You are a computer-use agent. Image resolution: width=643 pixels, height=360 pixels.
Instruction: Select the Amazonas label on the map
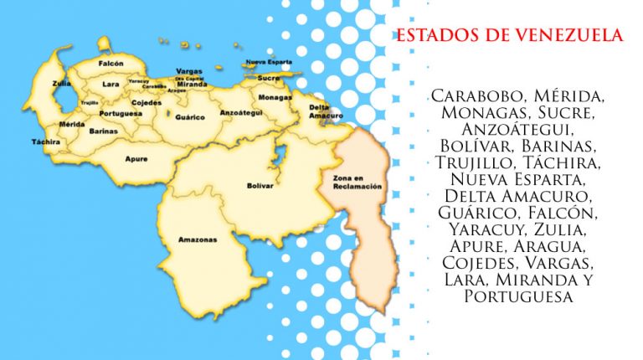198,239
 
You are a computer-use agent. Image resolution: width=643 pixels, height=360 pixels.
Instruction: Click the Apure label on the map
136,157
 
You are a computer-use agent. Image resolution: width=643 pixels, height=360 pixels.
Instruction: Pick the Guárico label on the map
190,117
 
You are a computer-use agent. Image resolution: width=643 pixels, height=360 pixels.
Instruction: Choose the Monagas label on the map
275,97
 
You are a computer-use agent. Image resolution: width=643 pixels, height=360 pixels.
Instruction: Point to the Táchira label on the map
47,141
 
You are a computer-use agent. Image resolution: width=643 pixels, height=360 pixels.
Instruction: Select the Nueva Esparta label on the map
268,62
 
